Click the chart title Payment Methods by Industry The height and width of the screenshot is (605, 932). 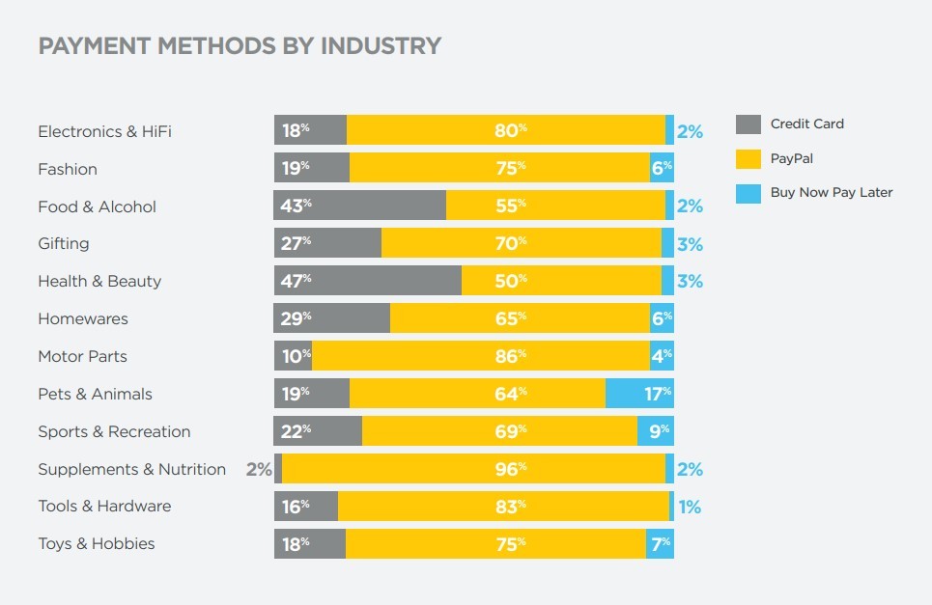pyautogui.click(x=240, y=46)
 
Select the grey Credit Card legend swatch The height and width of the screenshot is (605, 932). pyautogui.click(x=748, y=124)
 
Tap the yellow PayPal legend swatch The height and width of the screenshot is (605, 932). pyautogui.click(x=748, y=158)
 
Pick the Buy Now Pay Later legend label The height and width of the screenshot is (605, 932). pyautogui.click(x=831, y=192)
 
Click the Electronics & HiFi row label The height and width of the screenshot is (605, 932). pyautogui.click(x=104, y=131)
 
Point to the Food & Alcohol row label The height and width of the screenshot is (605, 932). pyautogui.click(x=97, y=206)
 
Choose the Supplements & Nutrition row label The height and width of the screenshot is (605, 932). pyautogui.click(x=131, y=469)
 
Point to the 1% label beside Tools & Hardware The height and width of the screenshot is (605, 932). pyautogui.click(x=689, y=507)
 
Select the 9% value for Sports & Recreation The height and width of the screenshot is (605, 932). pyautogui.click(x=659, y=431)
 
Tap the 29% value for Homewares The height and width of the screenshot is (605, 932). pyautogui.click(x=296, y=318)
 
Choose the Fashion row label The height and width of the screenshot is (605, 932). pyautogui.click(x=68, y=169)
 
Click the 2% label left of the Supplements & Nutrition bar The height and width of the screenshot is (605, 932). pyautogui.click(x=259, y=470)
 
